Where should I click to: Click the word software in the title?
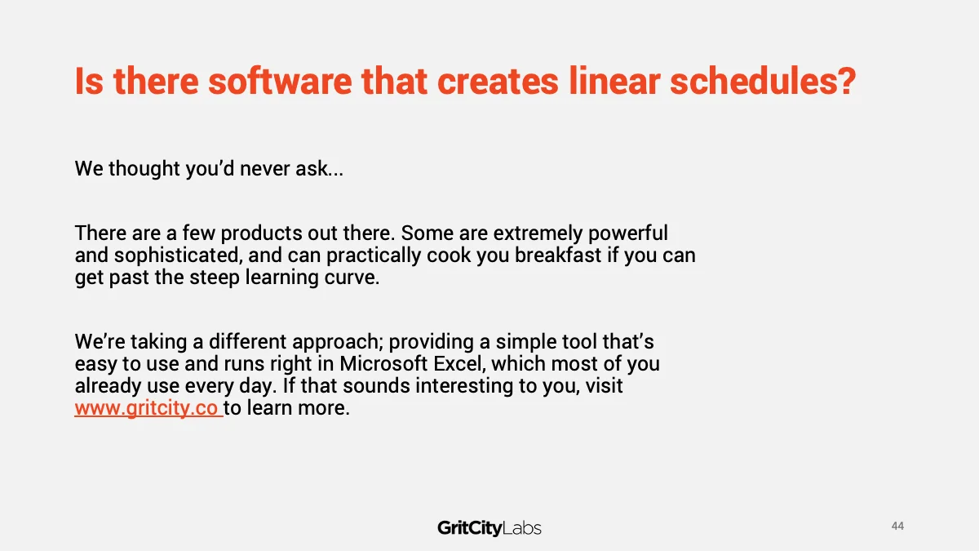[280, 81]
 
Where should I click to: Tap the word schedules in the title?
[763, 81]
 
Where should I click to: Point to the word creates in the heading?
[498, 81]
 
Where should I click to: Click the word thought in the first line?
[144, 169]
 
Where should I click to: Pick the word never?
[265, 169]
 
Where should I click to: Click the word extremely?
[538, 233]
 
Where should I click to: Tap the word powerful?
[627, 233]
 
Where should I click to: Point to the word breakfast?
[558, 255]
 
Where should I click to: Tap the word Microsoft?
[383, 364]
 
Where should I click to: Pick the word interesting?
[463, 386]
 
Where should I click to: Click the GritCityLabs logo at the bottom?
[489, 528]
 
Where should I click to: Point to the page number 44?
[897, 526]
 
